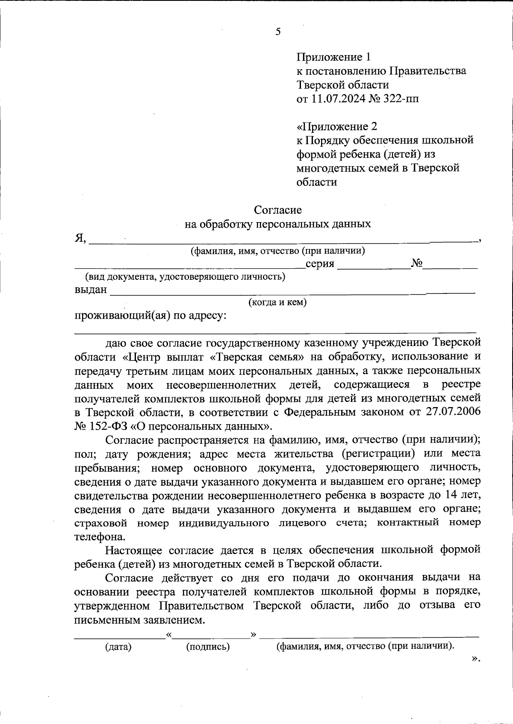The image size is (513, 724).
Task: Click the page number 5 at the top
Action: tap(278, 32)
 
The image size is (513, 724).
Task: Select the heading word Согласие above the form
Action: tap(278, 210)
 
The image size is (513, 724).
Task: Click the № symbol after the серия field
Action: tap(417, 264)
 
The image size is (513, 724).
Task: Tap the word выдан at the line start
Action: tap(90, 290)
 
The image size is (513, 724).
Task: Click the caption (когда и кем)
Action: tap(278, 302)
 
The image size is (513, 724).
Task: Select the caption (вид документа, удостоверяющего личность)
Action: tap(186, 277)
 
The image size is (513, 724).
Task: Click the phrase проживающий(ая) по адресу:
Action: tap(150, 316)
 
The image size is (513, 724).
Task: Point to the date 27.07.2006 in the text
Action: tap(454, 412)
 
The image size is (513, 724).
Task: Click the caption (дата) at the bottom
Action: tap(118, 647)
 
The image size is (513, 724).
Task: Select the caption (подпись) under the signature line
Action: tap(208, 647)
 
